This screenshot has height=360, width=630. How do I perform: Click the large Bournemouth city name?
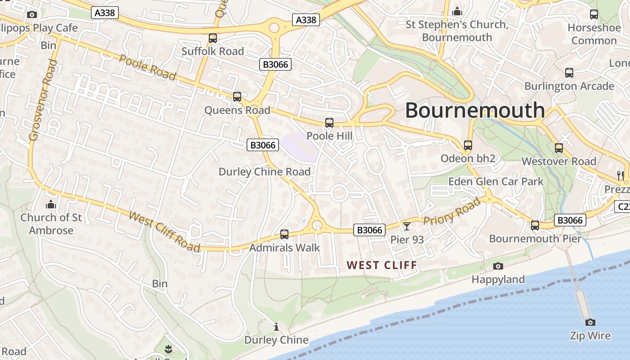(x=475, y=110)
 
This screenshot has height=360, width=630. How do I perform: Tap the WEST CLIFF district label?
(x=382, y=265)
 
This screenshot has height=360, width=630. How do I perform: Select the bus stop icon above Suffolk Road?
(x=213, y=38)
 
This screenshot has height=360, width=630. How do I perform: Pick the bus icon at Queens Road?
(x=237, y=97)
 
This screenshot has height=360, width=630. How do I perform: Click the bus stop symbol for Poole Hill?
(x=329, y=123)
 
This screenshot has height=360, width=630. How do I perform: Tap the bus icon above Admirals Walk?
(x=284, y=234)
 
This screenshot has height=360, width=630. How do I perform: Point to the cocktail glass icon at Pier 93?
(x=407, y=226)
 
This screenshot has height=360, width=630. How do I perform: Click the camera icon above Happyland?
(x=498, y=266)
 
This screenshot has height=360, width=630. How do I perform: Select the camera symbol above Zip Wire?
(x=590, y=322)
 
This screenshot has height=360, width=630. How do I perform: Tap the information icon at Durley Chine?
(x=276, y=327)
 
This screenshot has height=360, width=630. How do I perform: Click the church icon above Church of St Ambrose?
(x=51, y=205)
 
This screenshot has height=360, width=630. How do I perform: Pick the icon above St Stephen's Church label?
(x=457, y=12)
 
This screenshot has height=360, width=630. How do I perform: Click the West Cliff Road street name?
(x=164, y=231)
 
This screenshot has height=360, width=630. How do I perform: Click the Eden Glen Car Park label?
(x=496, y=182)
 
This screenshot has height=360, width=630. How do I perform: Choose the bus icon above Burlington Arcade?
(x=569, y=72)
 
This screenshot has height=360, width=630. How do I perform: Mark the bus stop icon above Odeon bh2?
(x=468, y=145)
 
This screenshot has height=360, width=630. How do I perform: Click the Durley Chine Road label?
(x=265, y=172)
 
